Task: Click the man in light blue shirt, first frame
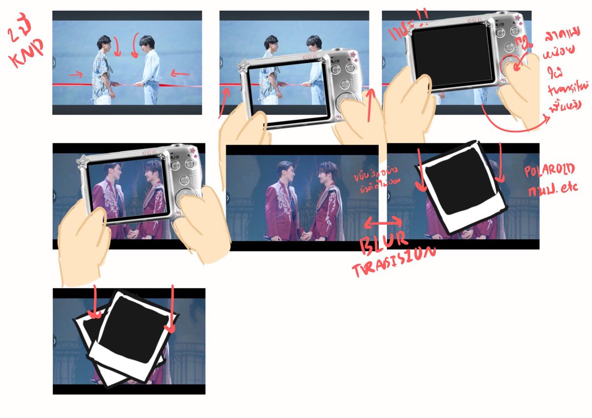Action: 149,69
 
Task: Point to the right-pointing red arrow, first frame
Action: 75,75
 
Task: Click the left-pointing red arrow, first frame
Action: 180,75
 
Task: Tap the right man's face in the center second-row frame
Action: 326,173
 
